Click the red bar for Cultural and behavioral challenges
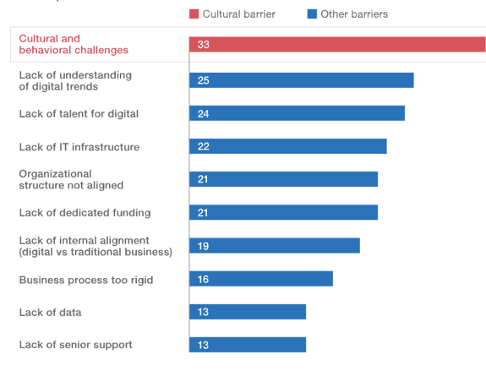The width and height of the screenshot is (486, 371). (338, 45)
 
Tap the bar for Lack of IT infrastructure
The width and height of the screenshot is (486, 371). (288, 146)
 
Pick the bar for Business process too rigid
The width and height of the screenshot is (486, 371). (261, 279)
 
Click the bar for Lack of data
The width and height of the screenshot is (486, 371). (248, 312)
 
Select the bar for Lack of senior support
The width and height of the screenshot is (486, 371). (248, 345)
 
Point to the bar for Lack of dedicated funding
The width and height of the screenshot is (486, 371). (284, 212)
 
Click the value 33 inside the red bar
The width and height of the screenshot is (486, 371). (203, 45)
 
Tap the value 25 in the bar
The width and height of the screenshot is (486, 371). (203, 80)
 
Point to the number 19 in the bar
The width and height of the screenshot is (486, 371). (203, 246)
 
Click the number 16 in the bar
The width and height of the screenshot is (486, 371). (203, 279)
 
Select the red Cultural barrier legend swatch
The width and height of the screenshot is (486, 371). (193, 14)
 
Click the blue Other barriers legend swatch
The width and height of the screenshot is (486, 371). (311, 14)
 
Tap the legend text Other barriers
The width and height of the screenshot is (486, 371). (354, 14)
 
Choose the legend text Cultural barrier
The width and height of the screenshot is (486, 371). (238, 14)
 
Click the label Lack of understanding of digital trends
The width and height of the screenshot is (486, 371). (75, 80)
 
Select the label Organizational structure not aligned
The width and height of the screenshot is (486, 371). (71, 179)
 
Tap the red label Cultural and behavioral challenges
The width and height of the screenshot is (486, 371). (74, 45)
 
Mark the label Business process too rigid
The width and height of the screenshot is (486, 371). (85, 280)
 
